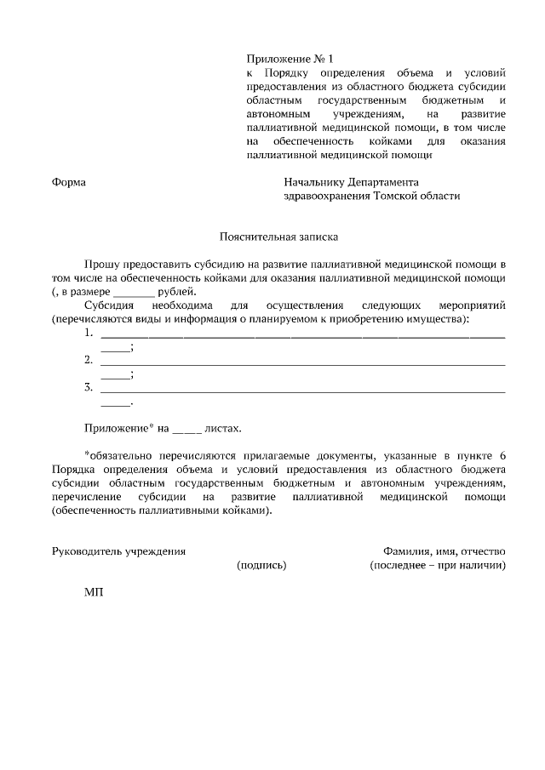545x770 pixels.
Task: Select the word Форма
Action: tap(69, 182)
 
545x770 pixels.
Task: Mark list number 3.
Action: tap(89, 387)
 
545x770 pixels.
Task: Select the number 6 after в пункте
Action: tap(502, 456)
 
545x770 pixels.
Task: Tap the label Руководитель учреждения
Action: tap(118, 550)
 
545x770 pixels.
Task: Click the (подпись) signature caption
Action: tap(261, 564)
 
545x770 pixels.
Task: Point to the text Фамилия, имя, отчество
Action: tap(445, 550)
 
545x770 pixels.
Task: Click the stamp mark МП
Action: tap(93, 591)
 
